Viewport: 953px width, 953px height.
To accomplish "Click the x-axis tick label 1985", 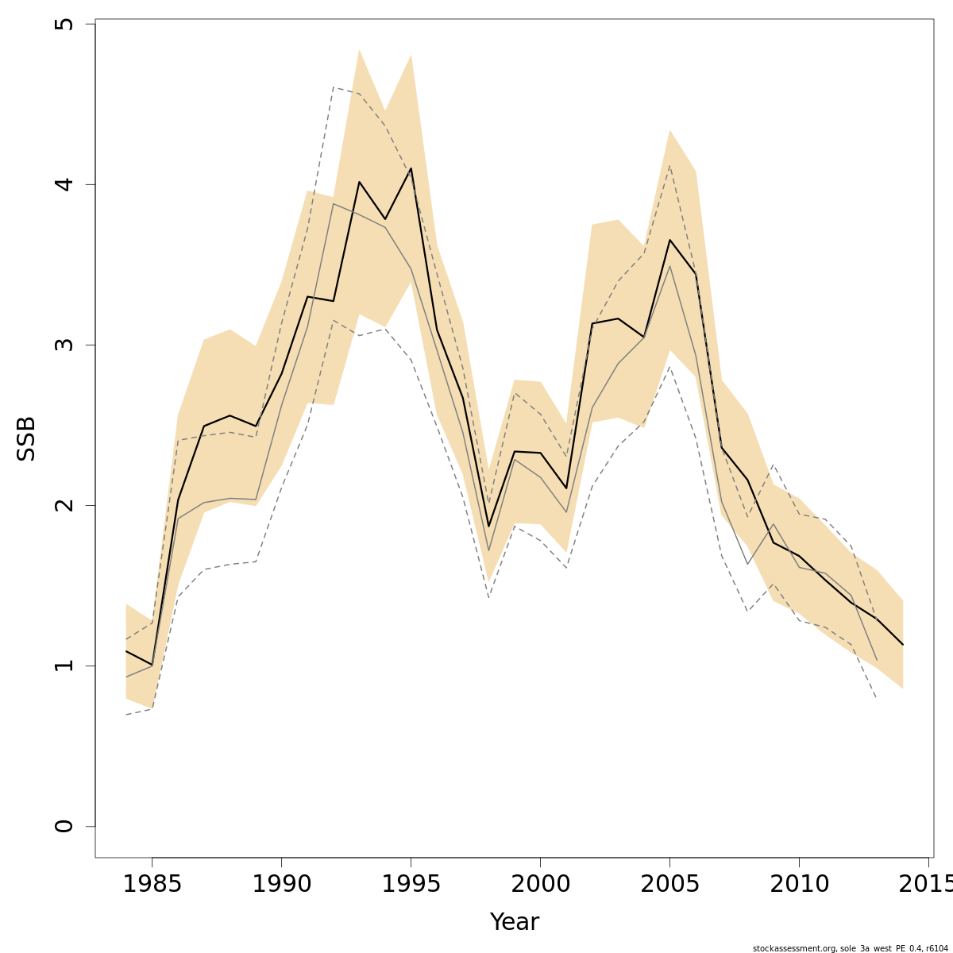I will (x=152, y=885).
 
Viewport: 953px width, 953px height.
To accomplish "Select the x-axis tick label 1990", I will (x=281, y=885).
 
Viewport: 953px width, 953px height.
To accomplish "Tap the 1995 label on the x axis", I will (x=411, y=885).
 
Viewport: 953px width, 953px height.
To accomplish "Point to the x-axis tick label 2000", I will (x=540, y=885).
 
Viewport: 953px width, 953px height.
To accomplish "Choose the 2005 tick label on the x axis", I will (x=669, y=885).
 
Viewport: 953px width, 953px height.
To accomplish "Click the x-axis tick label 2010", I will (x=799, y=885).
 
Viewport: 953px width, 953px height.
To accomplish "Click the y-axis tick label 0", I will (x=64, y=826).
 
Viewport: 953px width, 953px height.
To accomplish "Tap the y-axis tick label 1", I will (x=64, y=666).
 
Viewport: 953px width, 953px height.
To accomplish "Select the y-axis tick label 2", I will (x=64, y=505).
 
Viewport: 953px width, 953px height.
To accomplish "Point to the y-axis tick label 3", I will (x=64, y=345).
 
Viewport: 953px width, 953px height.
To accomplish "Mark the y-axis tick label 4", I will (x=64, y=184).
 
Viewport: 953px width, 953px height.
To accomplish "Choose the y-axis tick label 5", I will (x=64, y=24).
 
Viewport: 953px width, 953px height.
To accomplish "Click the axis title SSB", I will (x=26, y=438).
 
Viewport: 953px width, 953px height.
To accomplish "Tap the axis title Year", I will (x=514, y=922).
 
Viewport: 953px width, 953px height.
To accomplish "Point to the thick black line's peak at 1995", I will (x=411, y=168).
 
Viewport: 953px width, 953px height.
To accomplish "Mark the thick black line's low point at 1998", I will (x=488, y=526).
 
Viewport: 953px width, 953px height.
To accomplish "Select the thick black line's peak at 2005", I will (x=669, y=240).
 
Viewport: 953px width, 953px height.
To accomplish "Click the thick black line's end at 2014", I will (x=903, y=645).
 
